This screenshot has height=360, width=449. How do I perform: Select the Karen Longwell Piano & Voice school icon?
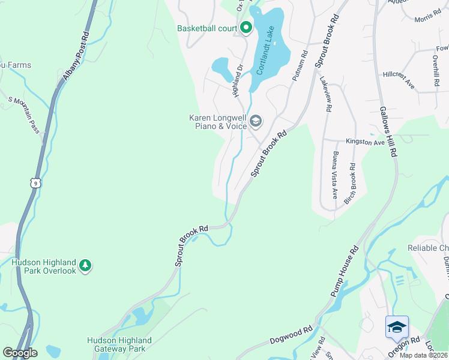click(x=255, y=122)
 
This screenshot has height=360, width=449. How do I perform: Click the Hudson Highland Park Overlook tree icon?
click(x=85, y=265)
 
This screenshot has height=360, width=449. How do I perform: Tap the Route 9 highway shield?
click(x=36, y=182)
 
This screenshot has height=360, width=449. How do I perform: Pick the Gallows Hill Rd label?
click(x=388, y=132)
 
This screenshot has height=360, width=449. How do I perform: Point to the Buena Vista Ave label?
click(x=334, y=176)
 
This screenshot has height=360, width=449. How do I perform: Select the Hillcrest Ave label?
click(x=399, y=79)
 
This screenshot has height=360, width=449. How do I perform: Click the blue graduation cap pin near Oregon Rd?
click(x=397, y=326)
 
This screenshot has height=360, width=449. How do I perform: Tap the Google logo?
click(x=20, y=353)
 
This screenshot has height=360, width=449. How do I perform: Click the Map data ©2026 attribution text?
click(x=423, y=355)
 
